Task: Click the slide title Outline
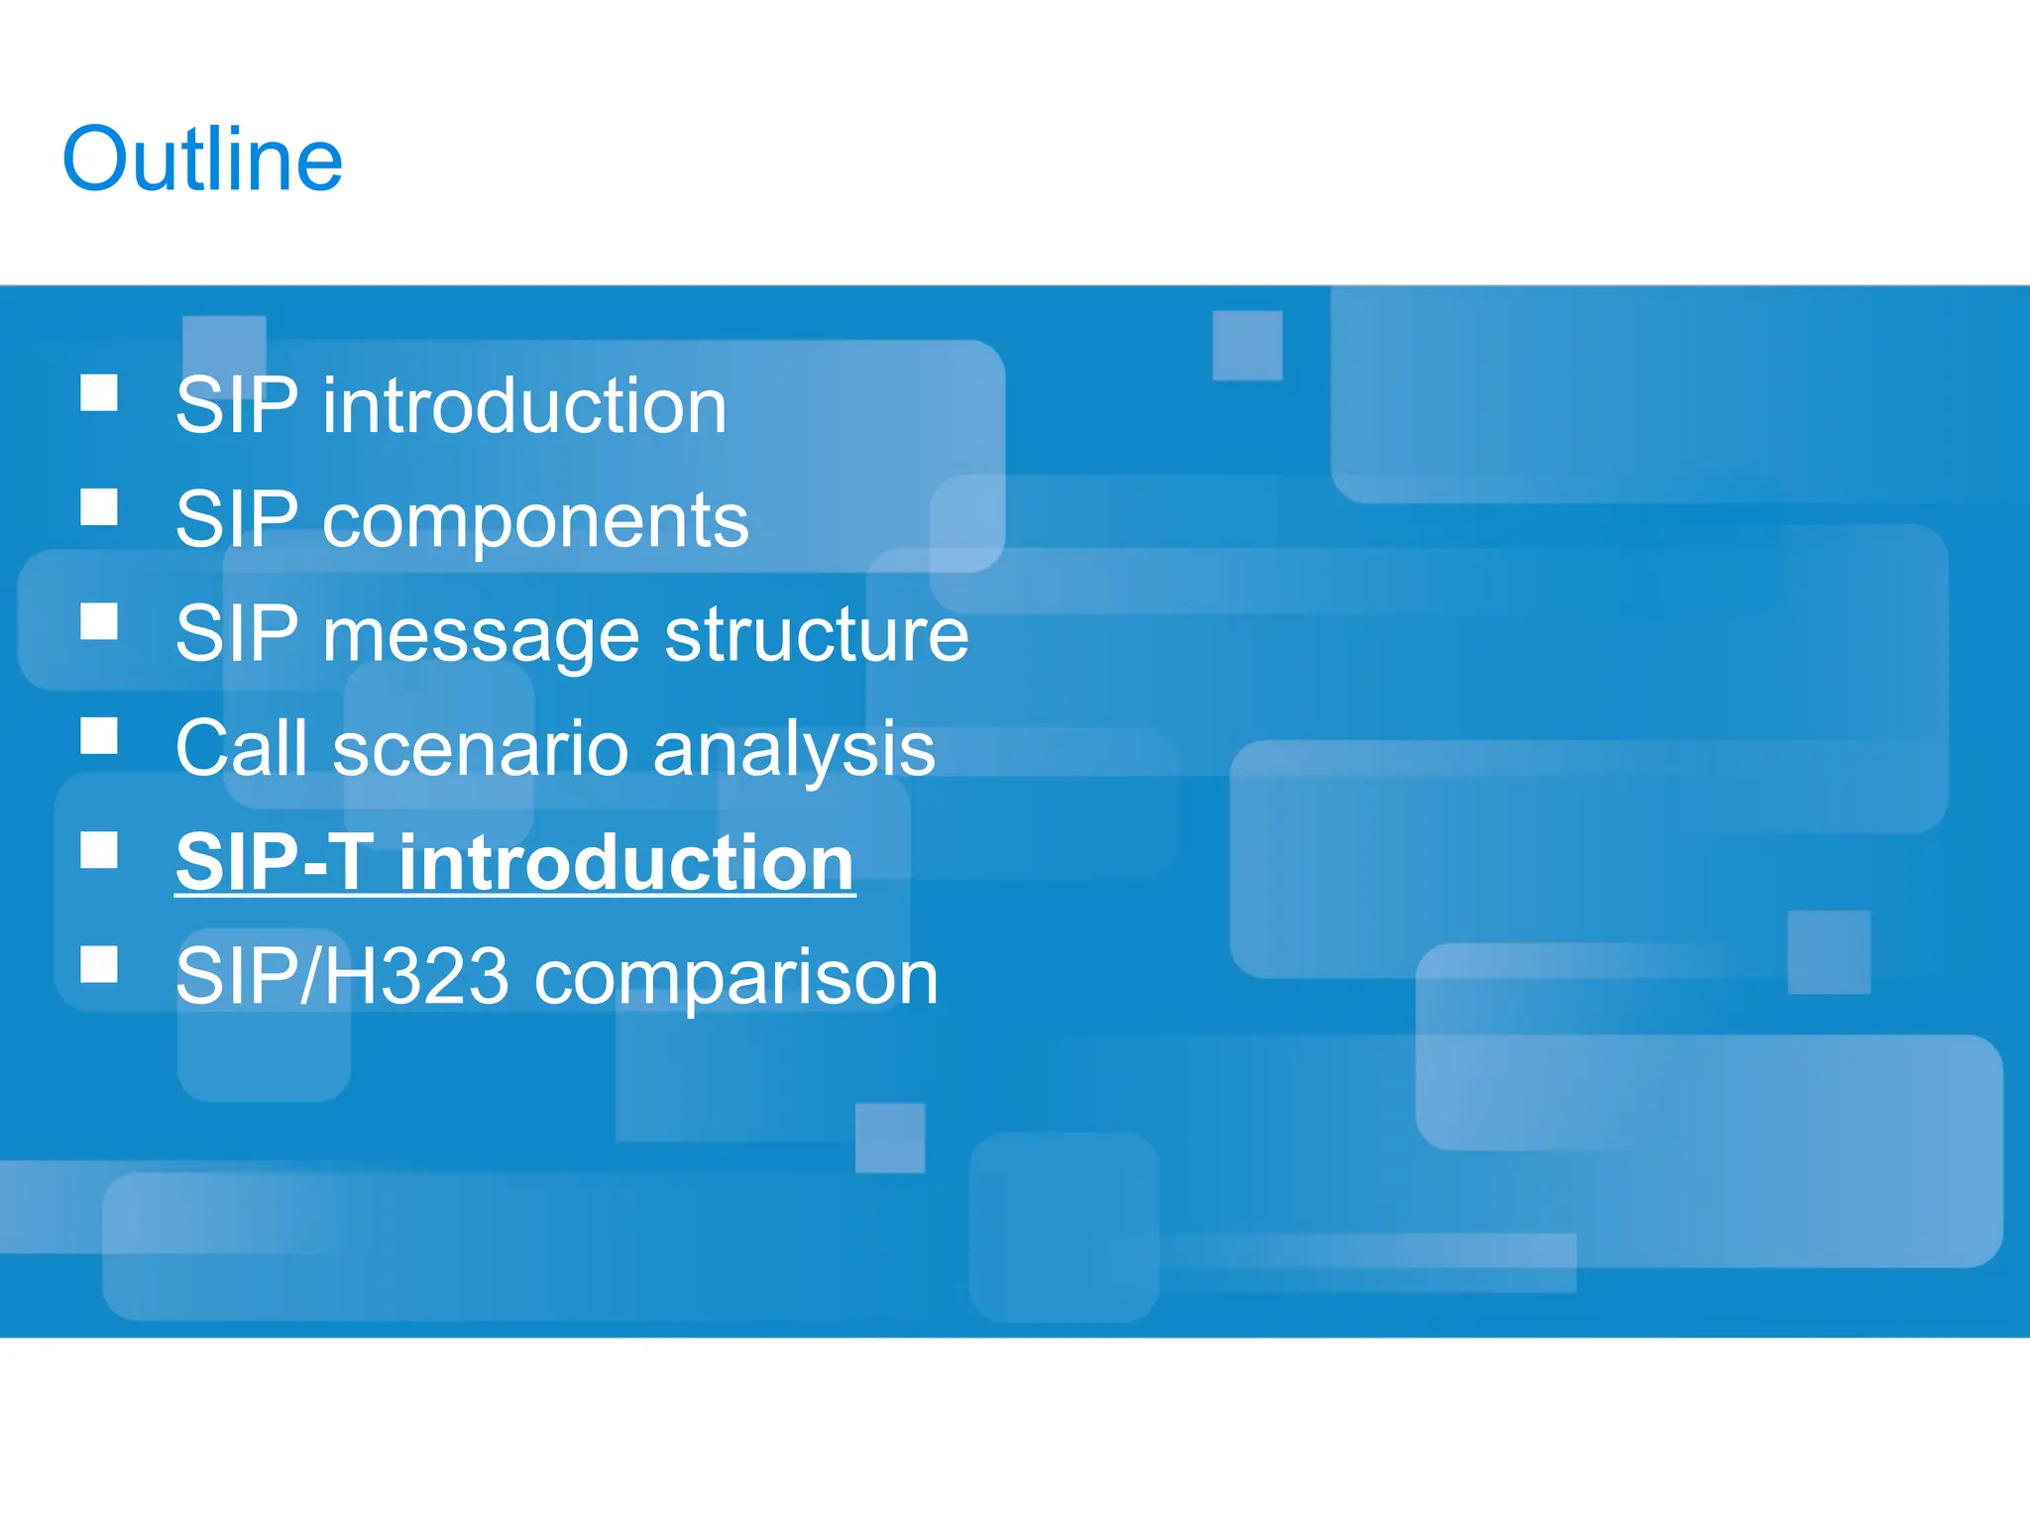(x=202, y=160)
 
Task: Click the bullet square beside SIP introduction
(x=99, y=392)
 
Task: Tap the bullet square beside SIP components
(x=99, y=507)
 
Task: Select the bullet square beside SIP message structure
(x=99, y=621)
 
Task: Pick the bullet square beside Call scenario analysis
(x=99, y=736)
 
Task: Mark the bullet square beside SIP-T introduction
(x=99, y=850)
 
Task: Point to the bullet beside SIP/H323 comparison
(x=99, y=964)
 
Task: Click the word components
(x=535, y=521)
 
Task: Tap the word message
(x=481, y=635)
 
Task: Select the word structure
(x=816, y=635)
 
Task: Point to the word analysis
(x=794, y=750)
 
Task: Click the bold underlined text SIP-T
(x=275, y=863)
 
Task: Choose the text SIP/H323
(x=342, y=977)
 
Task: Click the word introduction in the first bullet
(x=524, y=406)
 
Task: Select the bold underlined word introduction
(x=626, y=863)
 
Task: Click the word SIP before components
(x=236, y=520)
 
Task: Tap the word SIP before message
(x=236, y=634)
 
